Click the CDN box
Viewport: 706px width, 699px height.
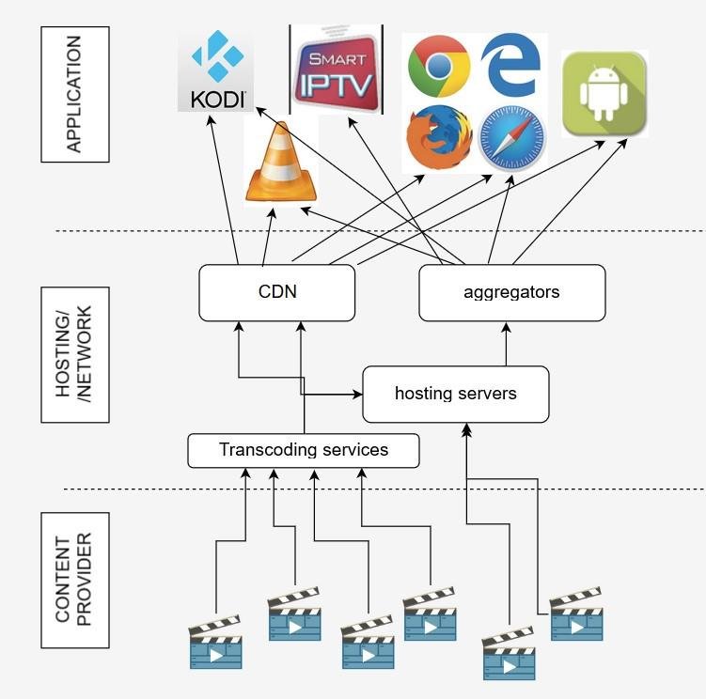coord(277,292)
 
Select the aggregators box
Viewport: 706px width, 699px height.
coord(511,292)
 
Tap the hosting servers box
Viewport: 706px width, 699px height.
coord(455,394)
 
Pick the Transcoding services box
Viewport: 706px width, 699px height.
coord(303,450)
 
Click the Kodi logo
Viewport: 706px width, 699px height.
coord(216,70)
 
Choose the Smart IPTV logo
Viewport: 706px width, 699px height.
coord(336,70)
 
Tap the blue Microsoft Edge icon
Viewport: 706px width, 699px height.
coord(510,67)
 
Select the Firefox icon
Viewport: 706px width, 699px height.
coord(439,138)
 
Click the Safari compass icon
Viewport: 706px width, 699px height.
coord(511,138)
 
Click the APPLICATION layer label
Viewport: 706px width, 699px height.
coord(75,94)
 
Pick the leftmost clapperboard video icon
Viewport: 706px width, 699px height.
coord(215,643)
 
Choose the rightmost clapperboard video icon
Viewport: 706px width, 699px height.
coord(575,614)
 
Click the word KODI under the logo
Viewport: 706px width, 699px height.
coord(217,99)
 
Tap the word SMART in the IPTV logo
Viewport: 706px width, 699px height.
coord(335,57)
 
